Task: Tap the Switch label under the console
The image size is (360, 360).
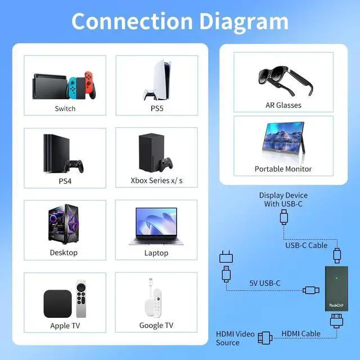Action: tap(65, 108)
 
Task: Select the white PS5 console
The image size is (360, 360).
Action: tap(157, 79)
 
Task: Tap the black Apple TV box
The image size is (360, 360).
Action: tap(57, 304)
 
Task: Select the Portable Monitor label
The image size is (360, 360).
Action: tap(283, 169)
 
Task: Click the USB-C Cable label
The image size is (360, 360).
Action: tap(306, 245)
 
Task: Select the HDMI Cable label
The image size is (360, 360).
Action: tap(301, 334)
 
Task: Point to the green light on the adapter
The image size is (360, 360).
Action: tap(336, 277)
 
